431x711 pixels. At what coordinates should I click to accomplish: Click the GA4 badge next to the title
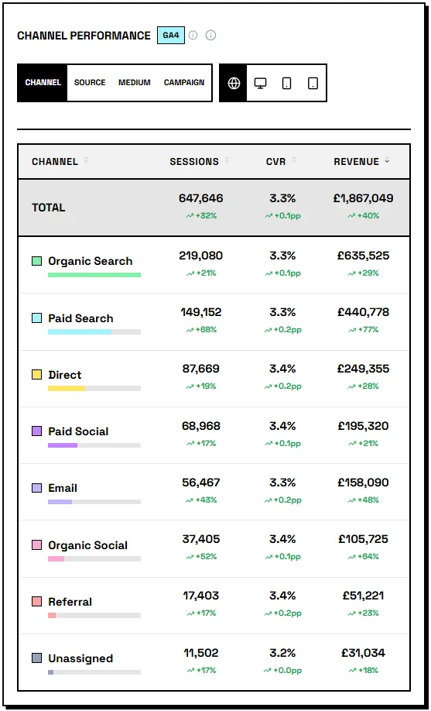tap(171, 36)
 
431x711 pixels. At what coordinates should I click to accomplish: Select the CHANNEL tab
tap(43, 83)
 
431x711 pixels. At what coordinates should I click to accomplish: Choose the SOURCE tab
tap(90, 83)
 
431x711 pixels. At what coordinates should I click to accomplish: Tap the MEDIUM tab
tap(135, 83)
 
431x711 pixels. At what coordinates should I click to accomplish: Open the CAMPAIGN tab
tap(184, 83)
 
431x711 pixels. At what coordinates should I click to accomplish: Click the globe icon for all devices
tap(234, 83)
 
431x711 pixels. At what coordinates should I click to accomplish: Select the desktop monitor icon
tap(261, 83)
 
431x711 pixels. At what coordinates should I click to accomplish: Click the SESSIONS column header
tap(194, 162)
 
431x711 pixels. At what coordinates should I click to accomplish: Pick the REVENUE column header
tap(357, 162)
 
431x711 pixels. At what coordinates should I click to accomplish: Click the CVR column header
tap(276, 162)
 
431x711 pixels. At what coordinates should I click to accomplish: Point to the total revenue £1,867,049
tap(363, 198)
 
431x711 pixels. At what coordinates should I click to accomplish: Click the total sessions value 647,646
tap(200, 198)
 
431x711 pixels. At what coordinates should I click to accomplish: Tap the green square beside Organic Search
tap(37, 261)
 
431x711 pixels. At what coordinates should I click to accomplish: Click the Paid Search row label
tap(80, 318)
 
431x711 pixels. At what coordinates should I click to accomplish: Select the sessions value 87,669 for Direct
tap(200, 369)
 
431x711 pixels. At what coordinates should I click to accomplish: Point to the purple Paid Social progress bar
tap(63, 445)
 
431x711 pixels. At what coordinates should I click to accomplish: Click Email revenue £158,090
tap(363, 483)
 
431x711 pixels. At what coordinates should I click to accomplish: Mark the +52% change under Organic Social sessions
tap(201, 556)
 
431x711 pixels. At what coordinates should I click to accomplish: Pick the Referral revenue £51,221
tap(363, 596)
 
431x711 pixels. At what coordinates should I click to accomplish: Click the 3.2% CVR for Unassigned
tap(282, 653)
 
